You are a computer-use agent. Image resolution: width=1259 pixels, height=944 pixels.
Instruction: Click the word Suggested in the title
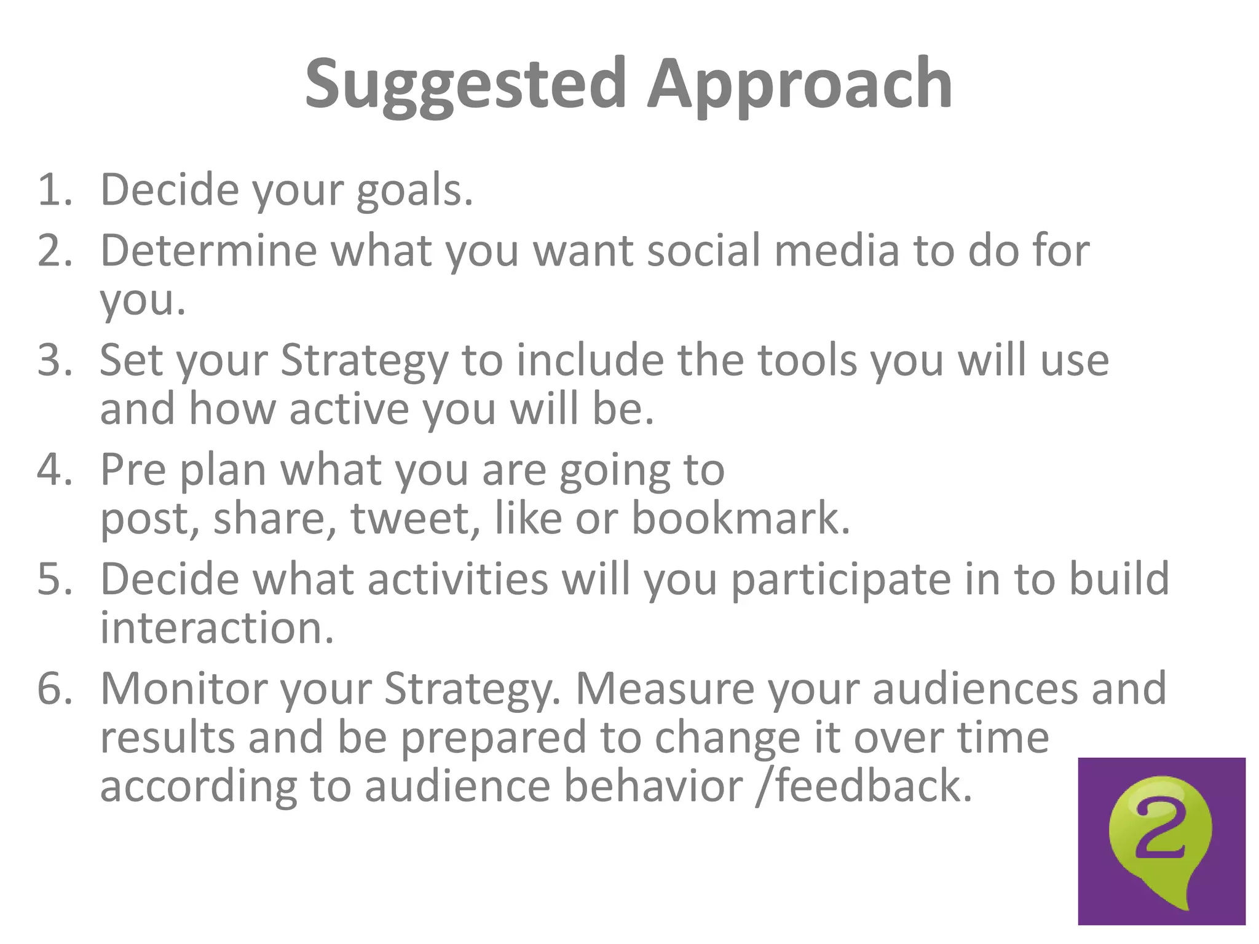click(x=465, y=85)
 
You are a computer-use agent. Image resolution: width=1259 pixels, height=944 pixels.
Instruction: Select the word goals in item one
click(x=414, y=191)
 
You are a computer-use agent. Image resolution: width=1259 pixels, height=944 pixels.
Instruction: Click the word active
click(x=349, y=409)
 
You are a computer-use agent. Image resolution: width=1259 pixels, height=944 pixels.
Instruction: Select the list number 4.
click(x=54, y=470)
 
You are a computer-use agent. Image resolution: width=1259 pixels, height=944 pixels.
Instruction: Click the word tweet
click(x=414, y=519)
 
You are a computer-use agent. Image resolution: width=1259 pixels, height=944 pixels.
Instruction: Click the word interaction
click(x=216, y=628)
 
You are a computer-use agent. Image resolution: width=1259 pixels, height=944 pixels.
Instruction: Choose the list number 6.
click(x=54, y=688)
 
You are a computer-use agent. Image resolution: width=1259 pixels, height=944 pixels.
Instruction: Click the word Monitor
click(x=183, y=688)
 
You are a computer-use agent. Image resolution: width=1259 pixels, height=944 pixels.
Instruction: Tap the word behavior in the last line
click(x=653, y=787)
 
